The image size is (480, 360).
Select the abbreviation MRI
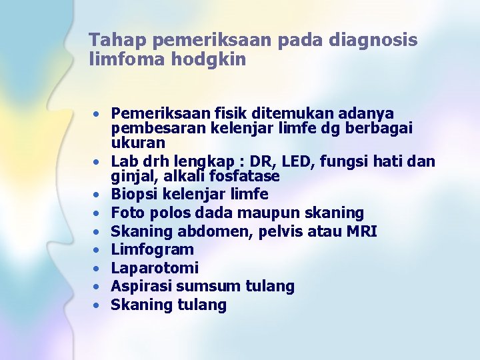[x=361, y=231]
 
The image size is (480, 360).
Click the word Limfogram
[x=152, y=250]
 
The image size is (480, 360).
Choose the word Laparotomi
[x=155, y=268]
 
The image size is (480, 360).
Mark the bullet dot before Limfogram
[x=97, y=251]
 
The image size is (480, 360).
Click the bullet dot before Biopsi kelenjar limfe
[x=97, y=195]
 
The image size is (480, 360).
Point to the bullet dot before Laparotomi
[x=97, y=269]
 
